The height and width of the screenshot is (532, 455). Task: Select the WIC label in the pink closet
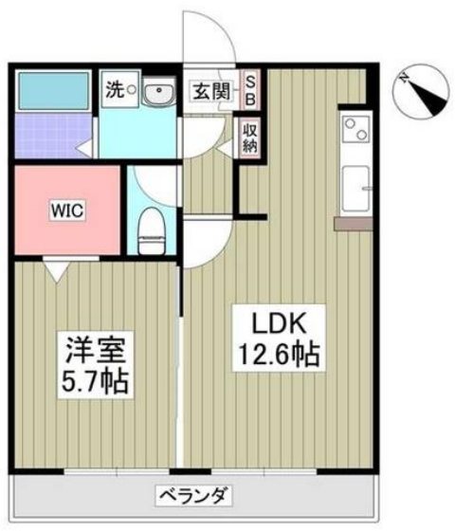coord(67,211)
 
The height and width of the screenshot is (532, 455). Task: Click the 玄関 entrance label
coord(210,91)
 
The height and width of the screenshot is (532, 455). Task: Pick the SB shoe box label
coord(250,90)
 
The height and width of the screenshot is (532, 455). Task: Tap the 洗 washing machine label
coord(115,90)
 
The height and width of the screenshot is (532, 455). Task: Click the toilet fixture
coord(153,230)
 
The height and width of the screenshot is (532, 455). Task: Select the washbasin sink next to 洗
coord(158,91)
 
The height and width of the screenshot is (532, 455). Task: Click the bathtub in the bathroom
coord(53,89)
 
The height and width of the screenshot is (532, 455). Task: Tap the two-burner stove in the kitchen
coord(356,129)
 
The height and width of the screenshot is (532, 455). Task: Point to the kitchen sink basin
coord(355,189)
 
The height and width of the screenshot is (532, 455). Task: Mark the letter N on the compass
coord(404,79)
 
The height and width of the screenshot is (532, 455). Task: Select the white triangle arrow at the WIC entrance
coord(58,270)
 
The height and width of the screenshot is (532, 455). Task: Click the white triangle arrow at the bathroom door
coord(83,148)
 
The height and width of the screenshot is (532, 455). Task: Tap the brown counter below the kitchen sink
coord(353,224)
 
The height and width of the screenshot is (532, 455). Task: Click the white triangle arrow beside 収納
coord(226,147)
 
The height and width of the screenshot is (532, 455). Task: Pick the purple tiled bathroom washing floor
coord(54,135)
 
